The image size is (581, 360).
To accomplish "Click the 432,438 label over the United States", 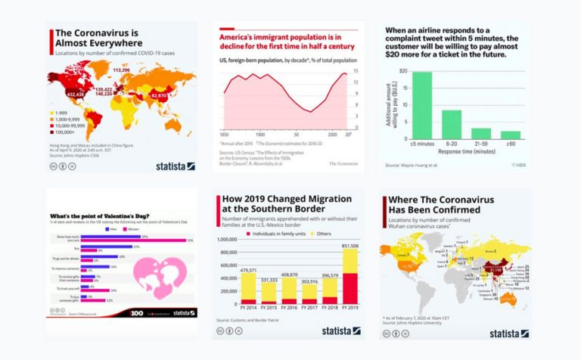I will pyautogui.click(x=75, y=95).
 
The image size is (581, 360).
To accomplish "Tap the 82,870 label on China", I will pyautogui.click(x=158, y=97).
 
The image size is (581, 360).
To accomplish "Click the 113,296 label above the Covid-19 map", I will pyautogui.click(x=122, y=70).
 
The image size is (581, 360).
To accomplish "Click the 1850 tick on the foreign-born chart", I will pyautogui.click(x=223, y=133).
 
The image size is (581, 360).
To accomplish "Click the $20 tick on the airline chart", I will pyautogui.click(x=403, y=71).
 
